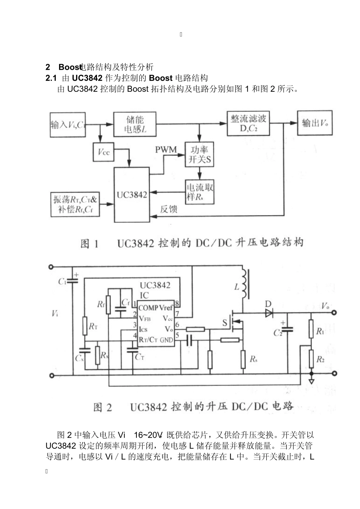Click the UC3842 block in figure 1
tap(132, 195)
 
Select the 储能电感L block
tap(135, 124)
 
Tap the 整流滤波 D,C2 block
tap(248, 124)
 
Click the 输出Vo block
tap(315, 123)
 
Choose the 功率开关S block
tap(199, 154)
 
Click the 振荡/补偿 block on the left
tap(75, 204)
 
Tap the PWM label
tap(166, 150)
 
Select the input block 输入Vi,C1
tap(68, 124)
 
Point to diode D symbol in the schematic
tap(269, 313)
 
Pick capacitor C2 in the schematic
tap(288, 330)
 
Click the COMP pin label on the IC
tap(148, 308)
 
